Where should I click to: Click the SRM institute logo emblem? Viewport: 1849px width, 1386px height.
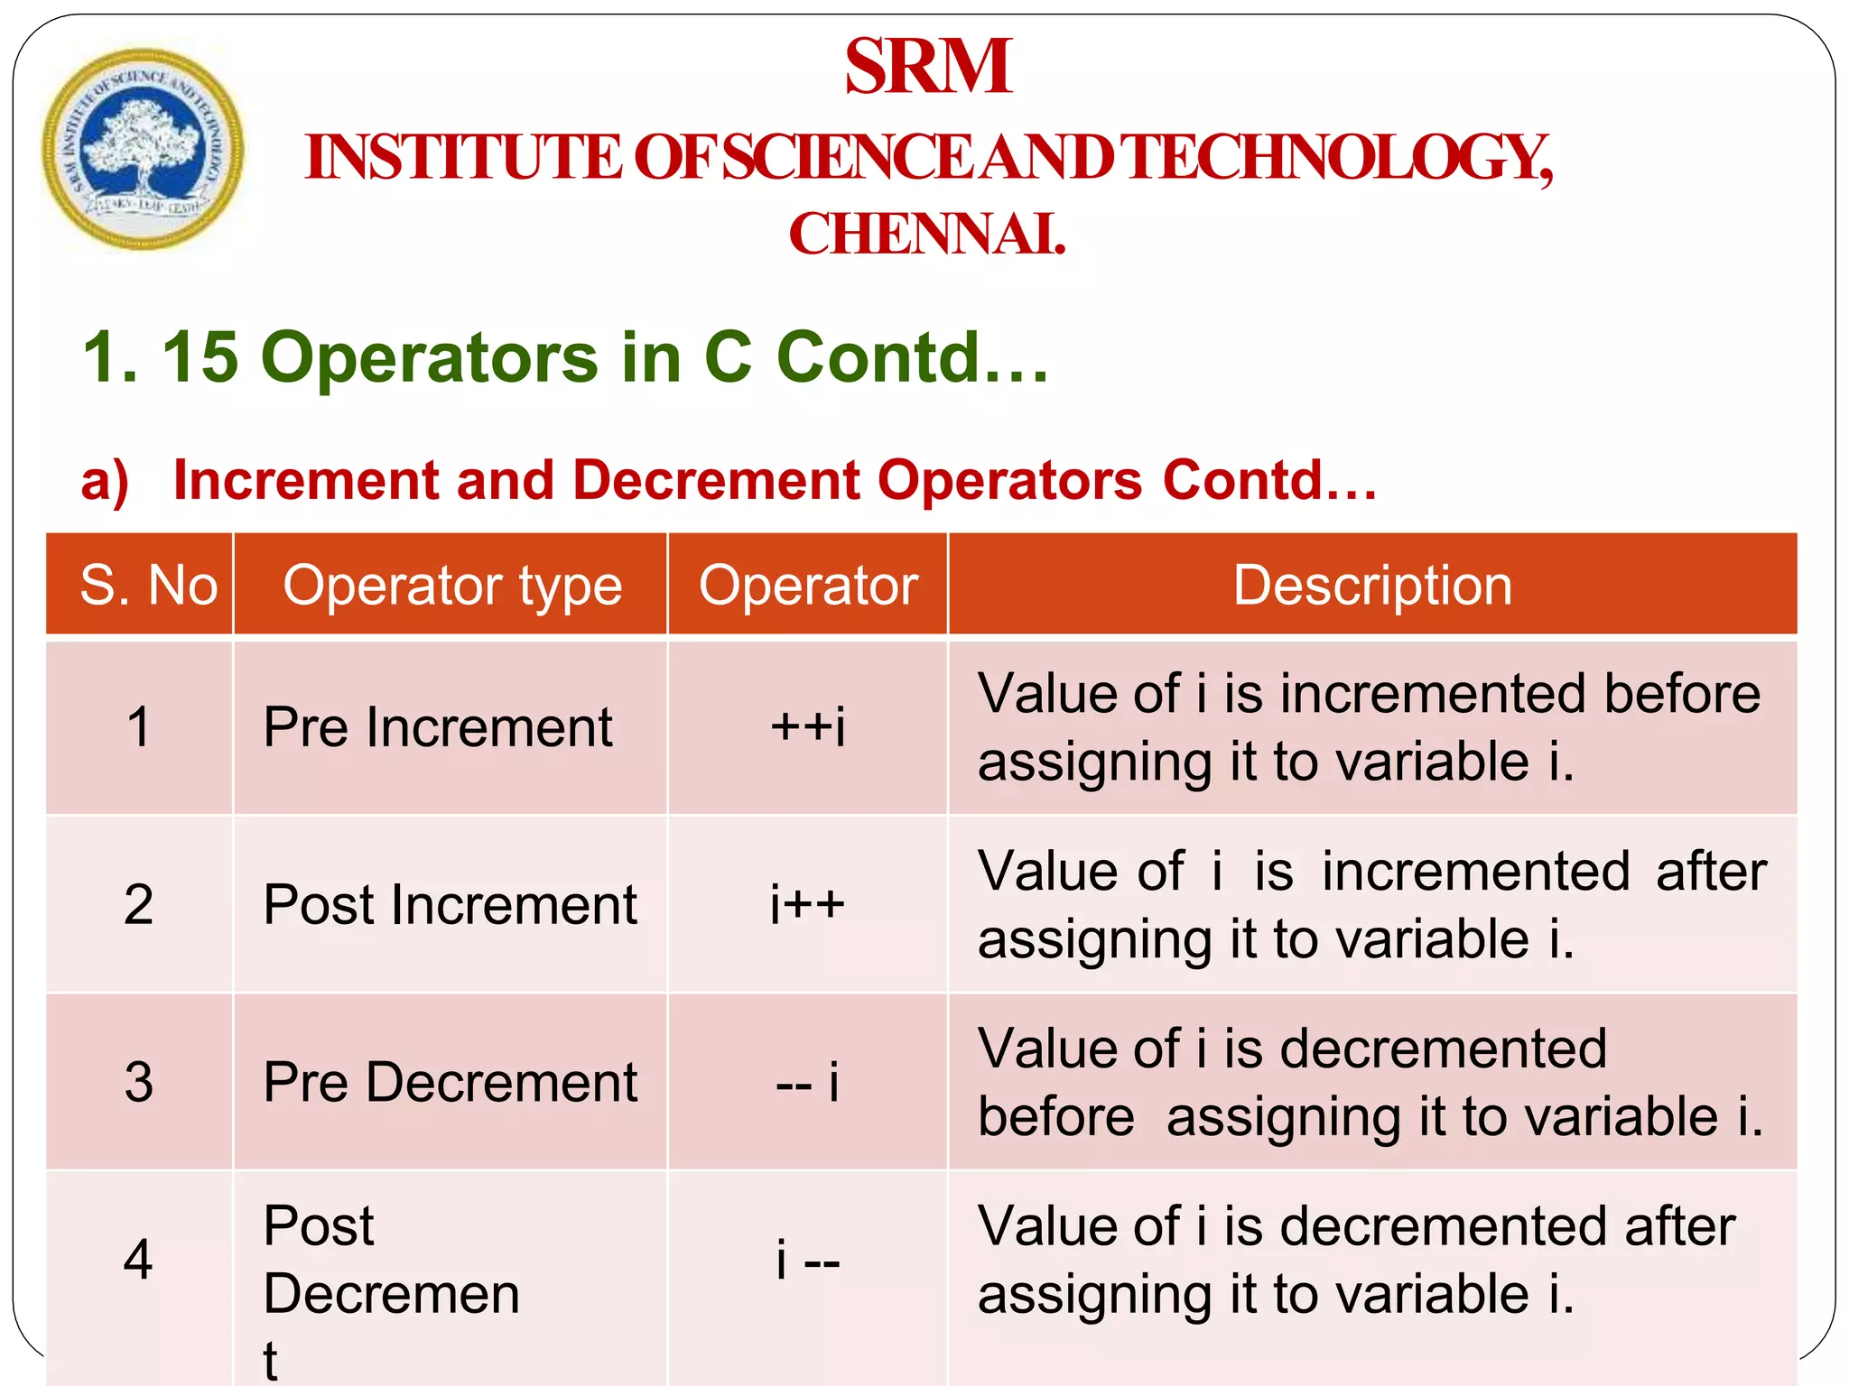point(143,150)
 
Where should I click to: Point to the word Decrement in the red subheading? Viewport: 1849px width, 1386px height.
point(717,479)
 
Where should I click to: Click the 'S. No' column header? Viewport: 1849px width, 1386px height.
point(148,585)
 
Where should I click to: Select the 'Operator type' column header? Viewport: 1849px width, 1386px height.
point(452,585)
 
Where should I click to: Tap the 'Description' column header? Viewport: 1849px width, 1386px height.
point(1372,585)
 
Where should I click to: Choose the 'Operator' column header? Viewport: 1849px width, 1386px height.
point(808,585)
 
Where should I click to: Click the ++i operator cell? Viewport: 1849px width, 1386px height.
point(808,726)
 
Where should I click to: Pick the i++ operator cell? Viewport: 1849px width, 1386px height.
point(808,904)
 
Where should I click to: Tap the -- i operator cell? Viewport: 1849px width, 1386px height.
point(808,1081)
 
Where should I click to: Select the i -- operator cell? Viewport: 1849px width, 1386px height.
point(808,1259)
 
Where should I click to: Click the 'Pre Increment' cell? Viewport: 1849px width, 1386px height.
point(438,726)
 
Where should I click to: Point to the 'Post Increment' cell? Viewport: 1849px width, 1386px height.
point(451,904)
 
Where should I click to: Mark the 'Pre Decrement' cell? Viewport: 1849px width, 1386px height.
point(451,1081)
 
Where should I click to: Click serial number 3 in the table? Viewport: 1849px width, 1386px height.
point(139,1081)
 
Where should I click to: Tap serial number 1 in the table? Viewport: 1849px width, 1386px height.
point(139,726)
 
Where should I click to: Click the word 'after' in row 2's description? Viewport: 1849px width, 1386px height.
point(1711,872)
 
